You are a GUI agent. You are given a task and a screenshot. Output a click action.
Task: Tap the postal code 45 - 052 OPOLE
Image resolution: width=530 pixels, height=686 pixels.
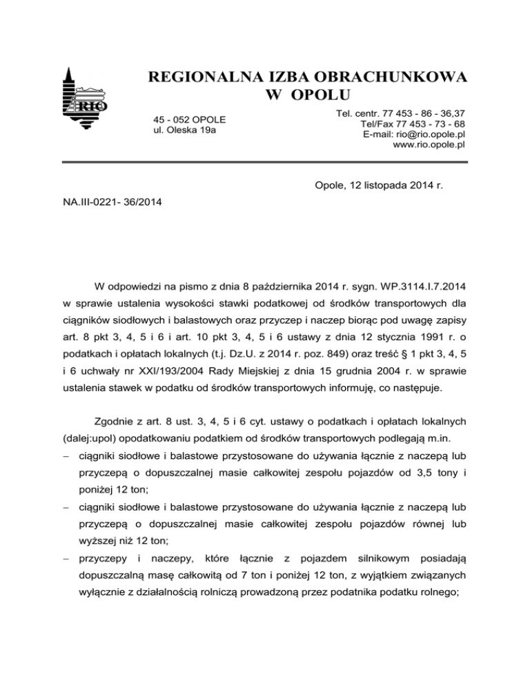click(189, 119)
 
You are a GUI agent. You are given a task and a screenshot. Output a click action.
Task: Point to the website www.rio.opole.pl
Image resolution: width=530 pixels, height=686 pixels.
click(429, 145)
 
